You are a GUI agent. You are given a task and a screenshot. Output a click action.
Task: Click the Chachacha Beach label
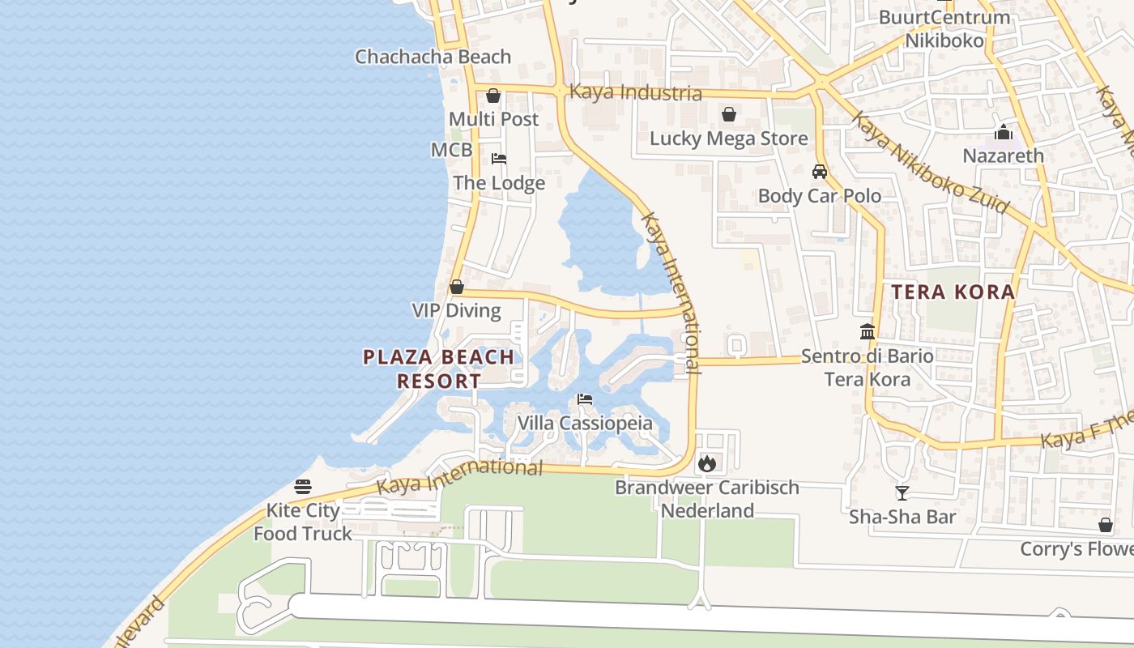click(433, 57)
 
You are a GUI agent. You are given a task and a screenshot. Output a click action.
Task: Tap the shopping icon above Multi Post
click(493, 96)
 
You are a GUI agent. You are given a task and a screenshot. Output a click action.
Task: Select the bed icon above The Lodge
click(499, 159)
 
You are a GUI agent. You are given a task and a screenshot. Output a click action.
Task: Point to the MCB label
click(451, 150)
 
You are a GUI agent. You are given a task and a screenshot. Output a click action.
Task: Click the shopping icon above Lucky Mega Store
click(729, 114)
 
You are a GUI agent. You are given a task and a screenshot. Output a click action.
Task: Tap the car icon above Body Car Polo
click(820, 172)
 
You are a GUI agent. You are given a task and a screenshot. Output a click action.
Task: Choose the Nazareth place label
click(1003, 155)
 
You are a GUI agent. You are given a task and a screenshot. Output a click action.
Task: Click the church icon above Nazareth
click(1004, 132)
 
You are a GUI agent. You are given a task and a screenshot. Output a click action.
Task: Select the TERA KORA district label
click(953, 292)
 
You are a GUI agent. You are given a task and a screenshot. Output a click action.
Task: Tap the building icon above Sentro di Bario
click(868, 331)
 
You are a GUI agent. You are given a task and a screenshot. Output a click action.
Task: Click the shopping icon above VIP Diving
click(457, 288)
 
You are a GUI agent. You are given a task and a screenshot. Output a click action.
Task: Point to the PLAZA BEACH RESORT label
click(438, 369)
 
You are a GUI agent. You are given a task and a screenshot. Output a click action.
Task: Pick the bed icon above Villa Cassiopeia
click(585, 399)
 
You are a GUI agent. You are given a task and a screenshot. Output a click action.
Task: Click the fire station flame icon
click(707, 463)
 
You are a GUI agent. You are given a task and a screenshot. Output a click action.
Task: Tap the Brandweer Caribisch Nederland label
click(707, 499)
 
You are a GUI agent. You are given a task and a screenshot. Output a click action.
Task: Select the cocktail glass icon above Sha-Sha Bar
click(902, 492)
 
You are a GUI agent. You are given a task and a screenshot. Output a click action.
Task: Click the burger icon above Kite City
click(303, 487)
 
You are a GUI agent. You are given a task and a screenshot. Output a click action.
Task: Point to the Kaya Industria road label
click(636, 92)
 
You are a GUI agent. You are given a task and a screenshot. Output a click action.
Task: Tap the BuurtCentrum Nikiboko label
click(944, 28)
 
